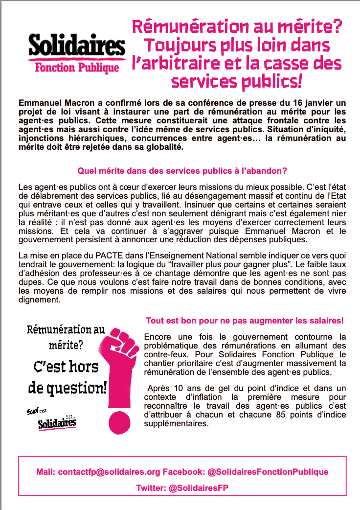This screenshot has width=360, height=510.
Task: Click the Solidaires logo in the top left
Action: [x=76, y=46]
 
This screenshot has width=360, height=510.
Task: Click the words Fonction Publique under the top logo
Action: [x=77, y=68]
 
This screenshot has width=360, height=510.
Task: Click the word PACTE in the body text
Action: [x=100, y=255]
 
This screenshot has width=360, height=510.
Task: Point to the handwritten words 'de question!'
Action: [x=67, y=388]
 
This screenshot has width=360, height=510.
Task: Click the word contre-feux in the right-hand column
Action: [x=164, y=354]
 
